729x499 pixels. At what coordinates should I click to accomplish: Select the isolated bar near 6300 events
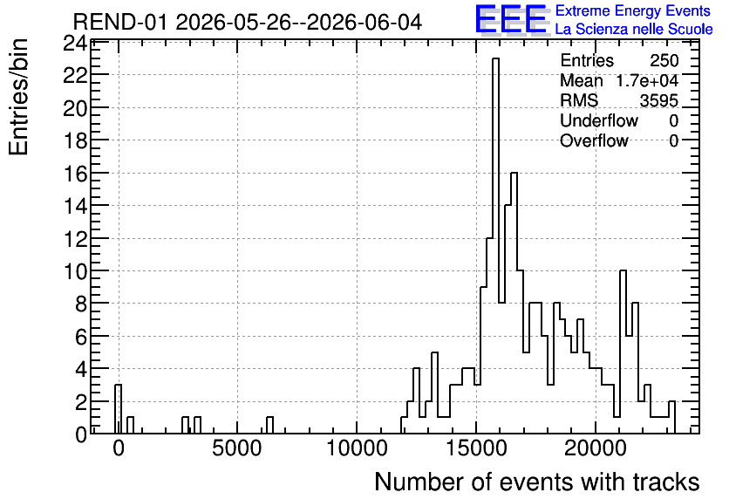269,425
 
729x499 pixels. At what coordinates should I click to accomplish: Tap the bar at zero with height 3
118,409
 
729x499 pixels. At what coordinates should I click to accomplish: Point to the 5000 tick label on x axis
237,448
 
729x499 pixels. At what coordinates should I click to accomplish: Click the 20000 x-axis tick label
596,448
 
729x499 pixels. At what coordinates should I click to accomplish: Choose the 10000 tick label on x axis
357,448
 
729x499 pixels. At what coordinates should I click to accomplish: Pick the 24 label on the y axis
75,44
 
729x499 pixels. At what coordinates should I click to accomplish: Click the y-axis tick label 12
75,239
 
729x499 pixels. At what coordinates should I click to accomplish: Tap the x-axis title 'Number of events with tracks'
537,482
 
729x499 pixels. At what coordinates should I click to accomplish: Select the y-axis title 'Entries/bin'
19,97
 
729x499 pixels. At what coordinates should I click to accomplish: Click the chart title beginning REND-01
248,22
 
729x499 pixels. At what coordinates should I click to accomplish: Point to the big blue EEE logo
511,19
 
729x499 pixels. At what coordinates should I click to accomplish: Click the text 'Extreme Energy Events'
633,10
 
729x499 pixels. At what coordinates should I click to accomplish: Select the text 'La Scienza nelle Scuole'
634,29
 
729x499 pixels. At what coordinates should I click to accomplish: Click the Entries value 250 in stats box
664,60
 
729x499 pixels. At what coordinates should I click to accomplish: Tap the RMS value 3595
658,100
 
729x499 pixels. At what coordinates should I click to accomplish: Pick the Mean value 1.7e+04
647,80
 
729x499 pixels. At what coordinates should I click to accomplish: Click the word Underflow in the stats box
599,120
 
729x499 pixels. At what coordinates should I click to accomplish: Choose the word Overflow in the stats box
594,140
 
